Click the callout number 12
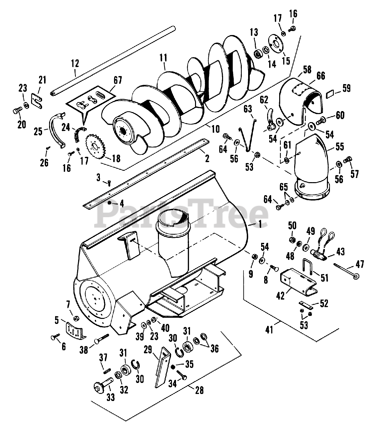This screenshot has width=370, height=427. click(x=75, y=63)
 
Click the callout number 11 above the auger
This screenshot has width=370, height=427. click(x=163, y=57)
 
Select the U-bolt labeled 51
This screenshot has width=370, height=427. click(x=308, y=266)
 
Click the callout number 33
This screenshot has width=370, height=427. click(x=110, y=397)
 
